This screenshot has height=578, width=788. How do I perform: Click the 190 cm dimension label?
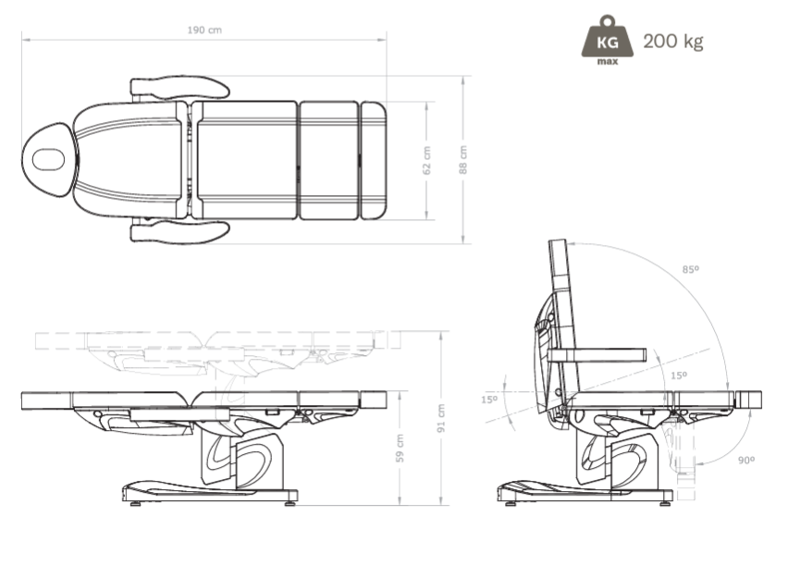point(204,31)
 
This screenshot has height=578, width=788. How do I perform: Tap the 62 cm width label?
point(426,160)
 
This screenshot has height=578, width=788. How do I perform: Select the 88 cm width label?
point(462,160)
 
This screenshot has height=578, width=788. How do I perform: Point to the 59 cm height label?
point(400,449)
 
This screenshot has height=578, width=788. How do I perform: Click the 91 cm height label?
point(441,418)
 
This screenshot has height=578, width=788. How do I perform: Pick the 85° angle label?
point(691,269)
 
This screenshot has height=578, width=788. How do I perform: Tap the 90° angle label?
point(746,460)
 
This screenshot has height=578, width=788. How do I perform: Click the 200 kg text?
point(673,42)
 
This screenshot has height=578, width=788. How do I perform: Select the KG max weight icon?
point(607,40)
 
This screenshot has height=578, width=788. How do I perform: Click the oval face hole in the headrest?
point(48,160)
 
